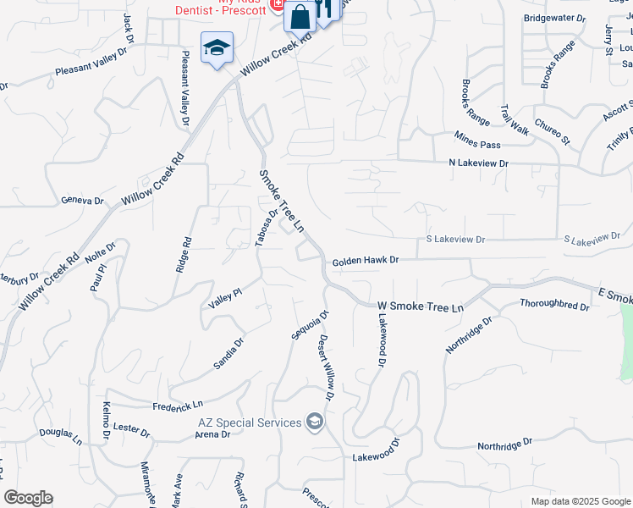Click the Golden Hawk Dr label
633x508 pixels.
364,262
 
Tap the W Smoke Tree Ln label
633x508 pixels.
421,306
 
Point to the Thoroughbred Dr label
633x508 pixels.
554,305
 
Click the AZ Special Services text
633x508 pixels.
250,422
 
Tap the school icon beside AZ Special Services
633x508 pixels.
316,422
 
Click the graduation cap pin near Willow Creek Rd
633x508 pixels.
217,47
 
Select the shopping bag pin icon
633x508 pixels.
300,16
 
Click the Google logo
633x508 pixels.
28,498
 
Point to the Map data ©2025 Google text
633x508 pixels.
581,501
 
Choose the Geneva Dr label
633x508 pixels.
82,202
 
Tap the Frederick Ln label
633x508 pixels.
179,405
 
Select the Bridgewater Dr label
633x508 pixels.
555,18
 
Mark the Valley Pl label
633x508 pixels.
226,297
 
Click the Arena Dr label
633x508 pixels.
212,434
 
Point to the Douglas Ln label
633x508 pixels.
61,437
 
